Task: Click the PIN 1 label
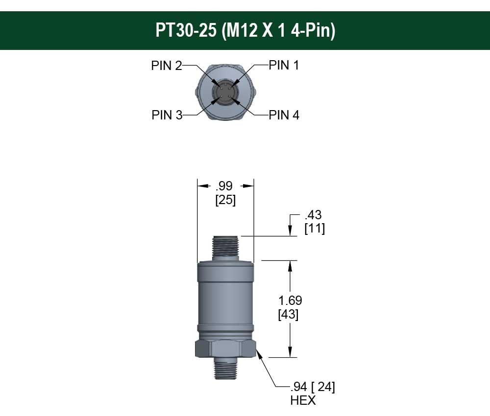tap(284, 65)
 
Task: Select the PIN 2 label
tap(166, 66)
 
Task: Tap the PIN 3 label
tap(167, 115)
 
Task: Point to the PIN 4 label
tap(284, 115)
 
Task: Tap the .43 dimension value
tap(313, 215)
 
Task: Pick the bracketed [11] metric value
tap(315, 229)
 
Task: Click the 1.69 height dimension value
tap(291, 300)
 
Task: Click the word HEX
tap(303, 400)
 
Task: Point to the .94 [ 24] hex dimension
tap(312, 387)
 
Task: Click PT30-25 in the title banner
tap(186, 30)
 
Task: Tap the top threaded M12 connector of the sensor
tap(225, 247)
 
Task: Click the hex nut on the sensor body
tap(225, 349)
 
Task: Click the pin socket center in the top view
tap(225, 91)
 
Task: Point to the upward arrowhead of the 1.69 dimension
tap(291, 265)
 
